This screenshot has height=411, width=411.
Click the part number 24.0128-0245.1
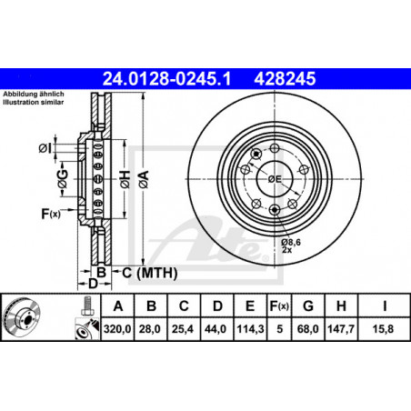tap(167, 78)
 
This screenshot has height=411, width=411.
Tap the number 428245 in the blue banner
tap(285, 78)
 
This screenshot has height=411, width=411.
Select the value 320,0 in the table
tap(117, 329)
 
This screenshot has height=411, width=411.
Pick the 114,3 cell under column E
tap(250, 329)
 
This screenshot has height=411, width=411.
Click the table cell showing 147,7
tap(341, 329)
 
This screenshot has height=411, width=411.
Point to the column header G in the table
tap(308, 306)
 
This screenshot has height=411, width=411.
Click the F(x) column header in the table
tap(279, 306)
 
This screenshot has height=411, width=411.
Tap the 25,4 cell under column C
tap(183, 329)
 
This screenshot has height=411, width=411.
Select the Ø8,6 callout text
tap(291, 242)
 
